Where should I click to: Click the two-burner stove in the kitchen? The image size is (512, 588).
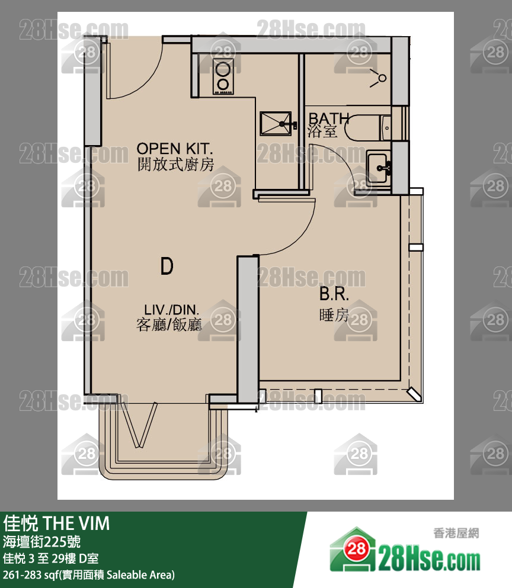[x=223, y=76]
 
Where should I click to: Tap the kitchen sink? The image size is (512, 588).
[x=276, y=123]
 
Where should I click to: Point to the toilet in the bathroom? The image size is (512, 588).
[x=368, y=128]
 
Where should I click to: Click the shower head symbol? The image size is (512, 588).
[x=379, y=78]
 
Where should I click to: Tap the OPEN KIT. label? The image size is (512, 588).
[x=175, y=149]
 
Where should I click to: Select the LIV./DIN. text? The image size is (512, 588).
[x=171, y=310]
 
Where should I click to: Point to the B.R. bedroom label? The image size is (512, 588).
[x=334, y=294]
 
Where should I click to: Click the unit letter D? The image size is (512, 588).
[x=167, y=266]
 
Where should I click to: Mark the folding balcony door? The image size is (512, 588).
[x=139, y=425]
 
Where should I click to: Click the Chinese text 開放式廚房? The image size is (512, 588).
[x=175, y=165]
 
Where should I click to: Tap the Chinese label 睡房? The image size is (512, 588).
[x=334, y=315]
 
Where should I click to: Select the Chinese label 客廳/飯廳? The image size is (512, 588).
[x=169, y=324]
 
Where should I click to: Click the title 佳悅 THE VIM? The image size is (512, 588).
[x=56, y=523]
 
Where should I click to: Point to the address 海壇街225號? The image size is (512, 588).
[x=41, y=542]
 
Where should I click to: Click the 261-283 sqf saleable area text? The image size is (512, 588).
[x=88, y=575]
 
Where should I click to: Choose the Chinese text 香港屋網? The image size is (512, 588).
[x=456, y=533]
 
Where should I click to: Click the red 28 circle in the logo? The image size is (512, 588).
[x=356, y=550]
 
